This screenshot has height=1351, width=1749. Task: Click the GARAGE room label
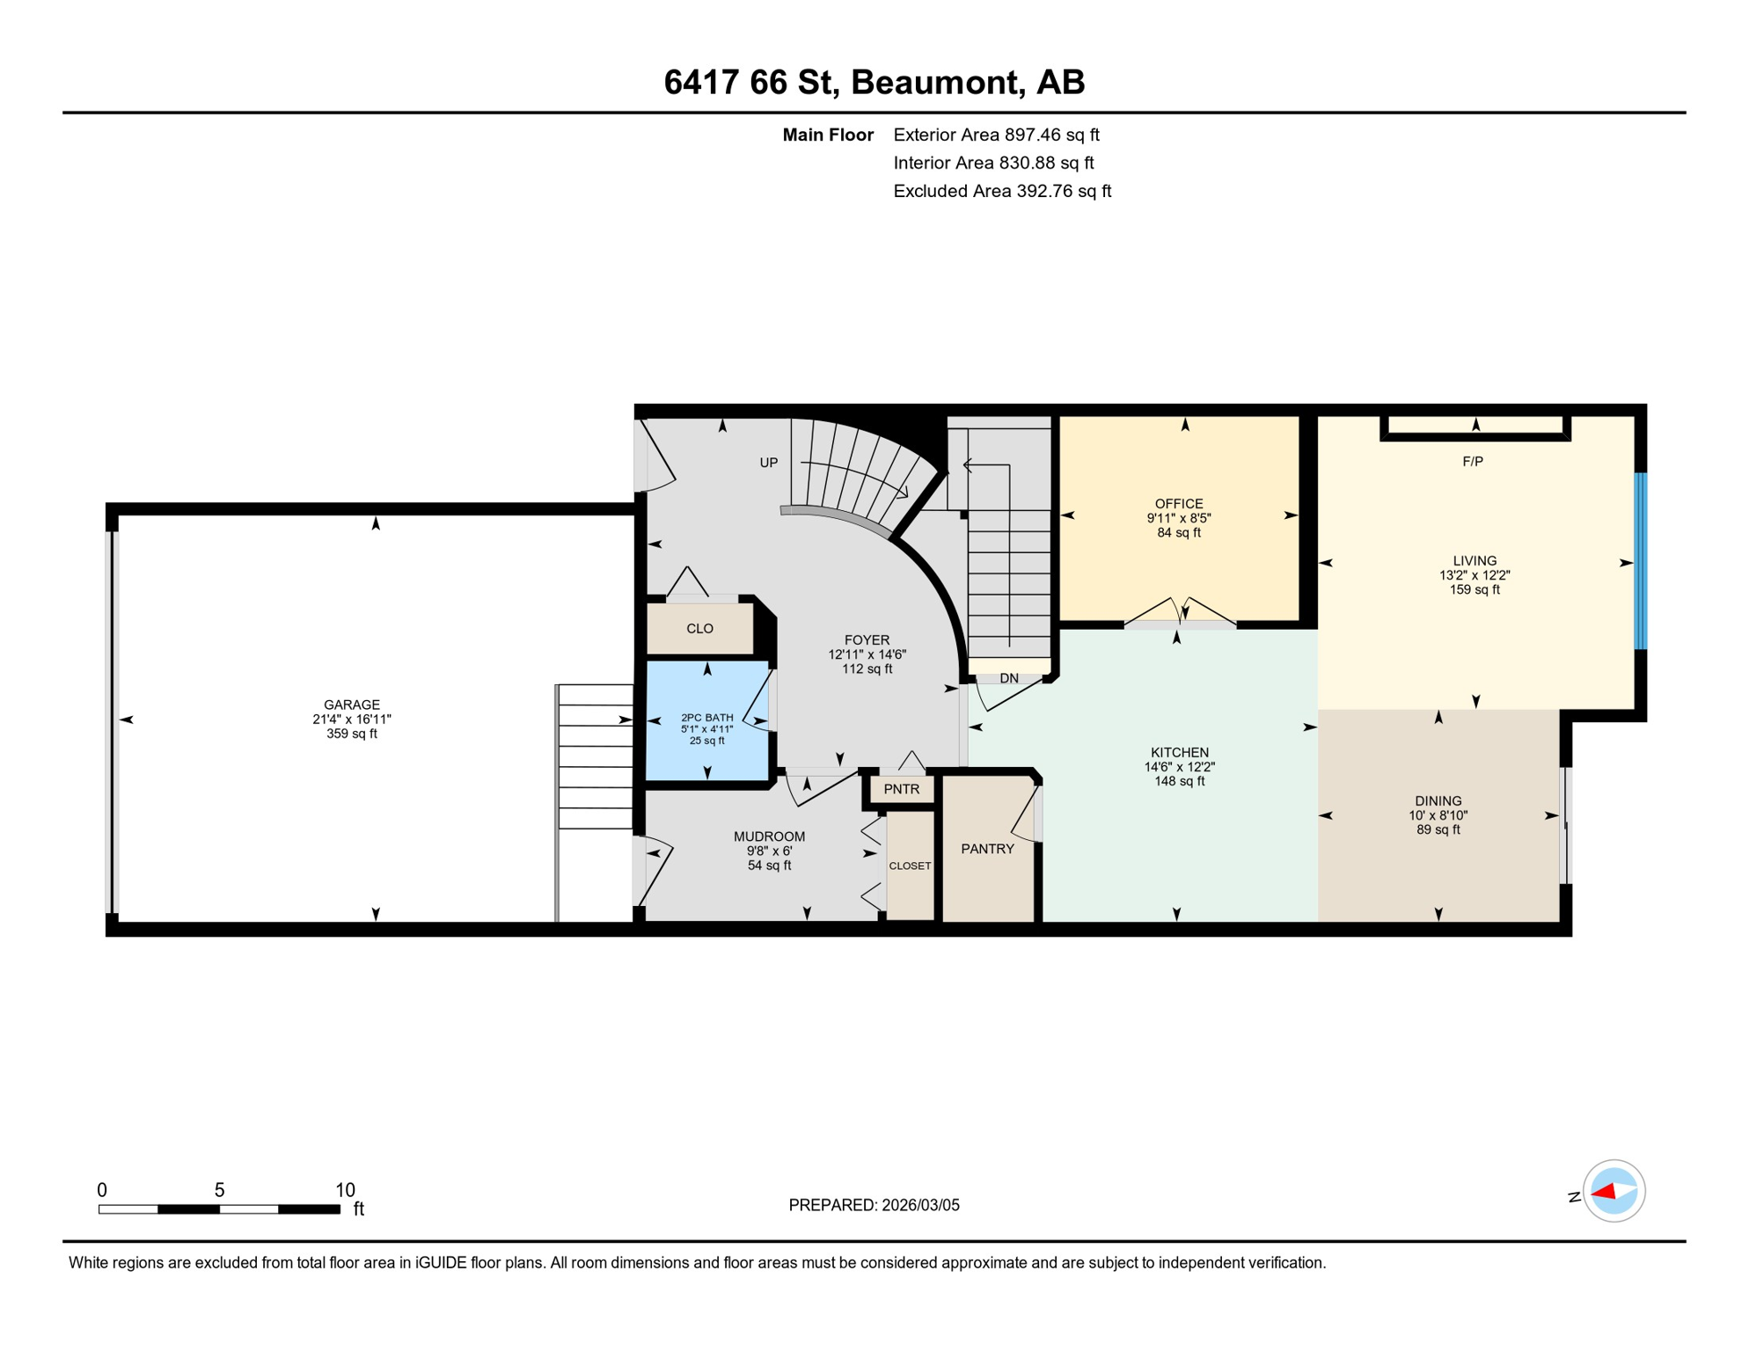[351, 705]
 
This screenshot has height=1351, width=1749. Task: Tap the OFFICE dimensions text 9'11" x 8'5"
[1179, 518]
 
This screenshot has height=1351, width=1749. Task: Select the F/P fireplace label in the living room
[1473, 461]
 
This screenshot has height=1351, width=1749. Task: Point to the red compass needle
[1604, 1192]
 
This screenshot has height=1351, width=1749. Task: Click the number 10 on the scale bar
[345, 1190]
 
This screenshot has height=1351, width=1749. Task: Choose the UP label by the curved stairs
[768, 463]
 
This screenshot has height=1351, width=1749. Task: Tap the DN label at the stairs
[1008, 678]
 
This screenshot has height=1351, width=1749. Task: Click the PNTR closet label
[901, 789]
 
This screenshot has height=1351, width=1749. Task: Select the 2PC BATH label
[706, 718]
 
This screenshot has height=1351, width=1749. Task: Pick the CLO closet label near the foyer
[699, 628]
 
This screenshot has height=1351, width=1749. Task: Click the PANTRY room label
[987, 849]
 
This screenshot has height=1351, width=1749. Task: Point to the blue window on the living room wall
[1640, 561]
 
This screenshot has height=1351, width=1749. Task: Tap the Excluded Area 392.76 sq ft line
[1001, 191]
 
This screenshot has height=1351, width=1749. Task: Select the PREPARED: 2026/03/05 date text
[874, 1205]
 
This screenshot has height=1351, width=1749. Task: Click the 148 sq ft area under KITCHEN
[1179, 781]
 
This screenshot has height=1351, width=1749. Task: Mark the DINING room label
[1438, 800]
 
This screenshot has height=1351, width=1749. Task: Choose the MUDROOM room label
[769, 836]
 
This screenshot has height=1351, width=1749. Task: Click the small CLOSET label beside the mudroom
[910, 865]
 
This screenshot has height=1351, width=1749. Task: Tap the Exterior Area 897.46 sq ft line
[996, 135]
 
